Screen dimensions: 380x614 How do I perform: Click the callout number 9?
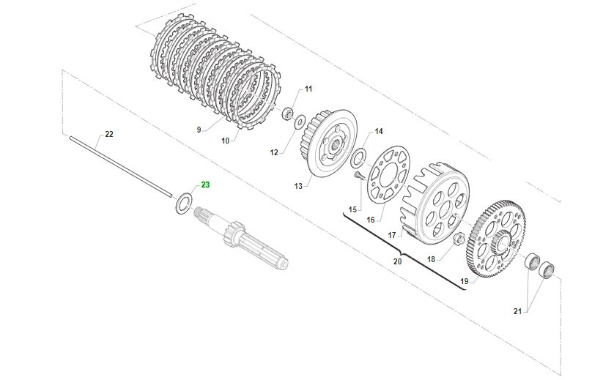click(198, 130)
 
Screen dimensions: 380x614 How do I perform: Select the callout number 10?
click(225, 140)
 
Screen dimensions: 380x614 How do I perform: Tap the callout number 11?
click(308, 89)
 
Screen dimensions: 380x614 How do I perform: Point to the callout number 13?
click(298, 186)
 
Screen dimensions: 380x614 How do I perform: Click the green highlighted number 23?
click(205, 185)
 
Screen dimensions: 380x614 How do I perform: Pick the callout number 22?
click(109, 134)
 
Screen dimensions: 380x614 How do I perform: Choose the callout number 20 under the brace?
click(398, 261)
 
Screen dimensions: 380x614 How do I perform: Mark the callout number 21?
click(517, 312)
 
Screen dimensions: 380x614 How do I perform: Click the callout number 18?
click(431, 259)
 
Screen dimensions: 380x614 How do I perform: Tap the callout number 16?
click(371, 219)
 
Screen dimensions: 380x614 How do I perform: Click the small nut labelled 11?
click(289, 114)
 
